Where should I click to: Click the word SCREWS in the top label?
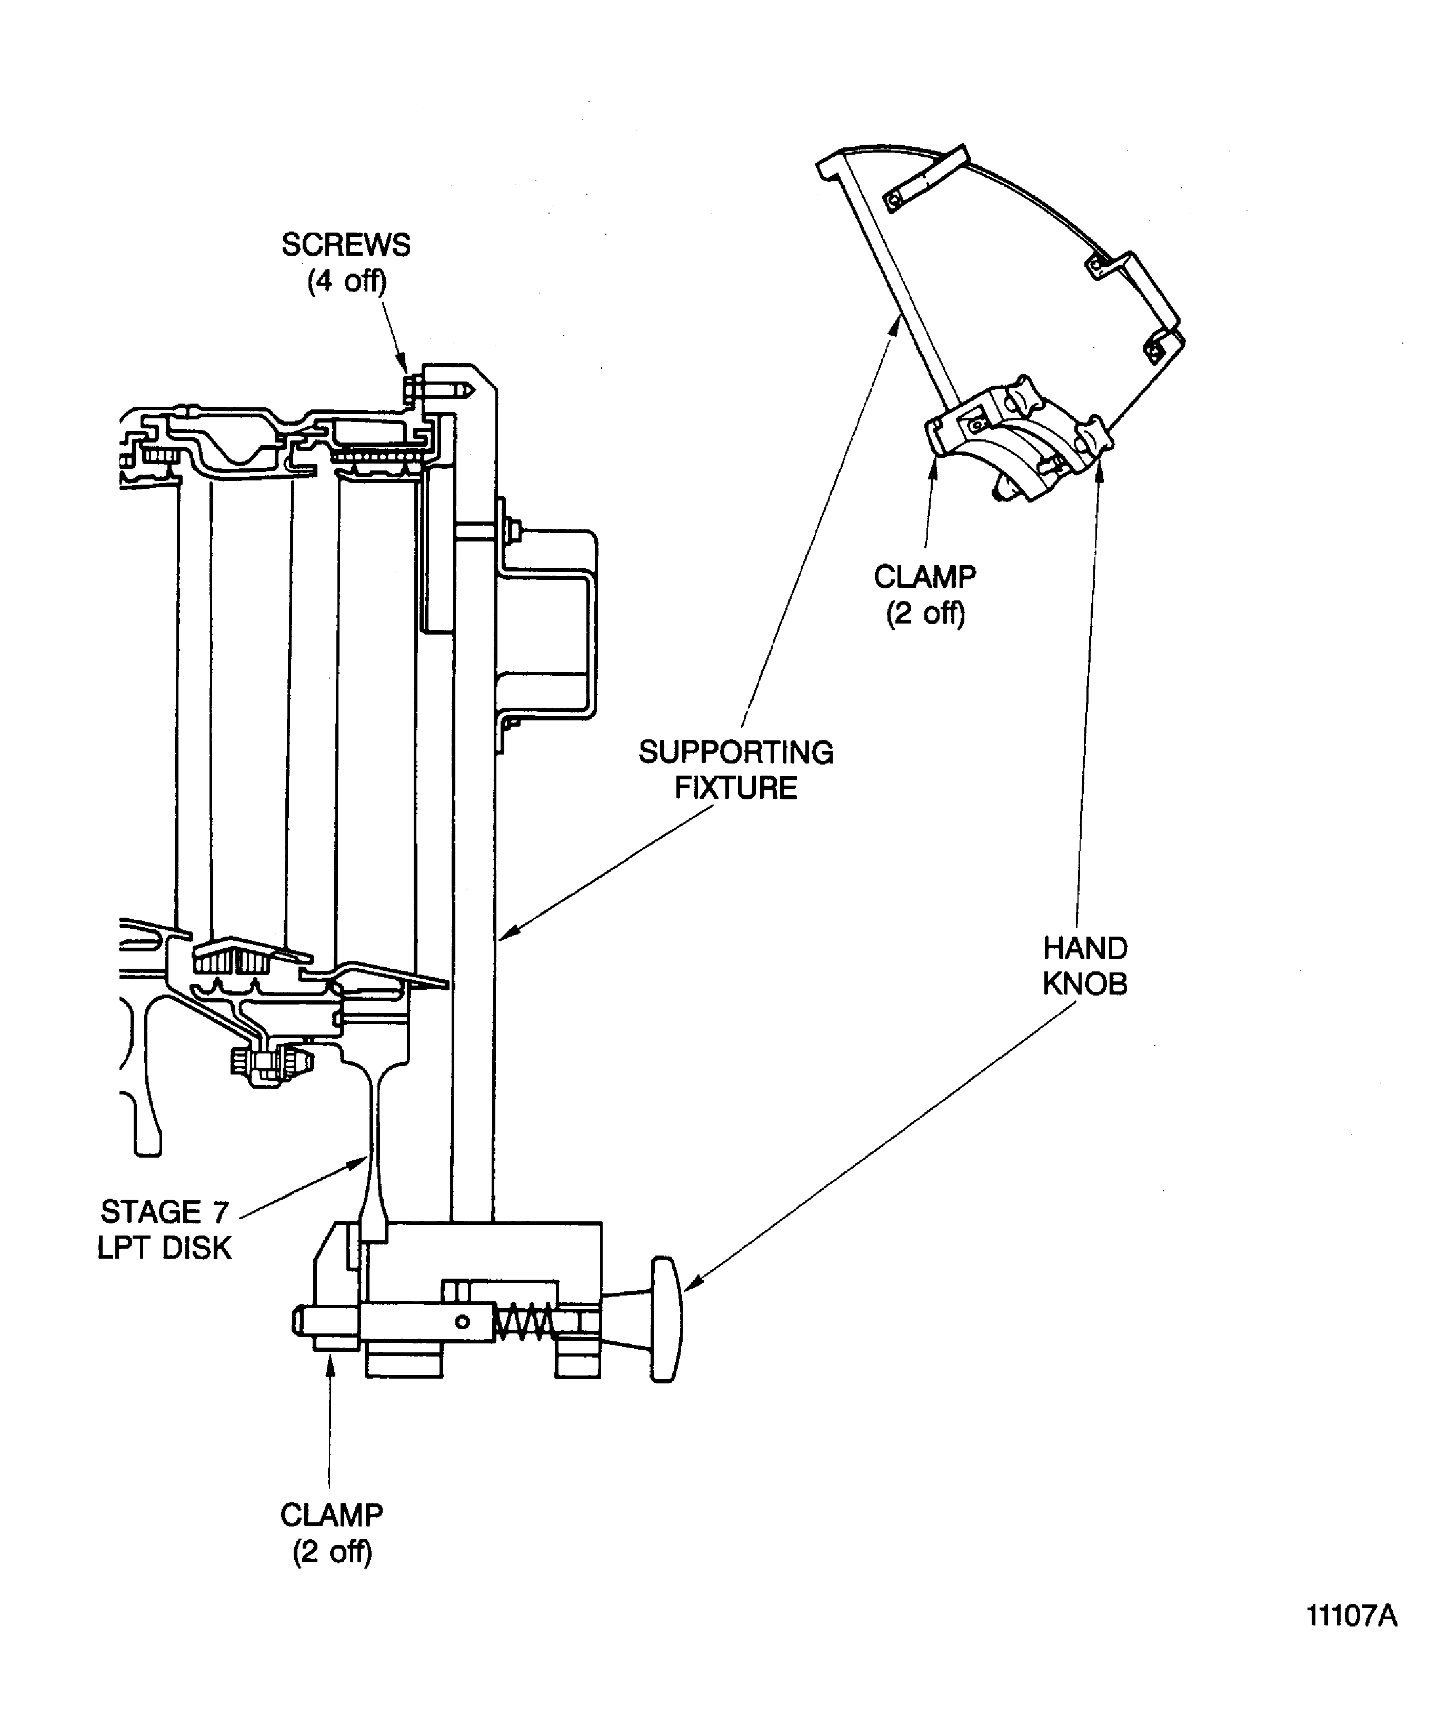click(345, 245)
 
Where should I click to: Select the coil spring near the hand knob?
click(523, 1322)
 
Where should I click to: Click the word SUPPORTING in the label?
click(735, 752)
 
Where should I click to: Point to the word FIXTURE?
click(735, 788)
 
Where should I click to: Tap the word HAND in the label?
click(1084, 948)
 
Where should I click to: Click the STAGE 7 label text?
click(164, 1212)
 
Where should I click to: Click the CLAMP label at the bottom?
click(331, 1515)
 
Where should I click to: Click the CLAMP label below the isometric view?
click(924, 576)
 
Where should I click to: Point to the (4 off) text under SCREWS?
click(346, 282)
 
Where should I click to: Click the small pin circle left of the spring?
click(462, 1322)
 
